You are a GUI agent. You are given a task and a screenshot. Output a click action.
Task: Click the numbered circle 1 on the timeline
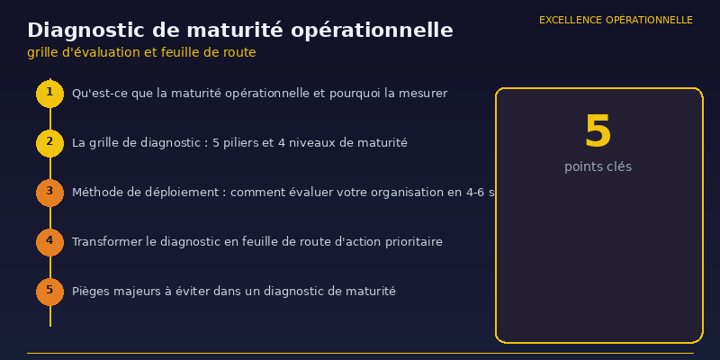point(49,94)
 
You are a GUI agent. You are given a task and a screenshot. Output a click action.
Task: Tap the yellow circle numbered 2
point(49,143)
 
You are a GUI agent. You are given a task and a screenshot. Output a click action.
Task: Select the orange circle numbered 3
point(49,193)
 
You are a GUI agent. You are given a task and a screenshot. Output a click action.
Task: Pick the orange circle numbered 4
point(49,242)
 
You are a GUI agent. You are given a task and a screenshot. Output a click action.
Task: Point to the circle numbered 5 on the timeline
point(49,292)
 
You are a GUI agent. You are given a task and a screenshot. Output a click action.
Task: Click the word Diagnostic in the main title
point(83,31)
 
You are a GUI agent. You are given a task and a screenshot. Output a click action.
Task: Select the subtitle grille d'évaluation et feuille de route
point(141,53)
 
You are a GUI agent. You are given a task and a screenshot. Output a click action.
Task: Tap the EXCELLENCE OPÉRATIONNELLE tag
point(616,20)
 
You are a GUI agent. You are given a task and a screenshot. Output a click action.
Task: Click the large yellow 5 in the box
point(598,132)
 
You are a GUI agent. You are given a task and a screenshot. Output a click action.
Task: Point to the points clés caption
point(598,167)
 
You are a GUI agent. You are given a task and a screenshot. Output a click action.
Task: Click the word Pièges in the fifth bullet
point(91,292)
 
